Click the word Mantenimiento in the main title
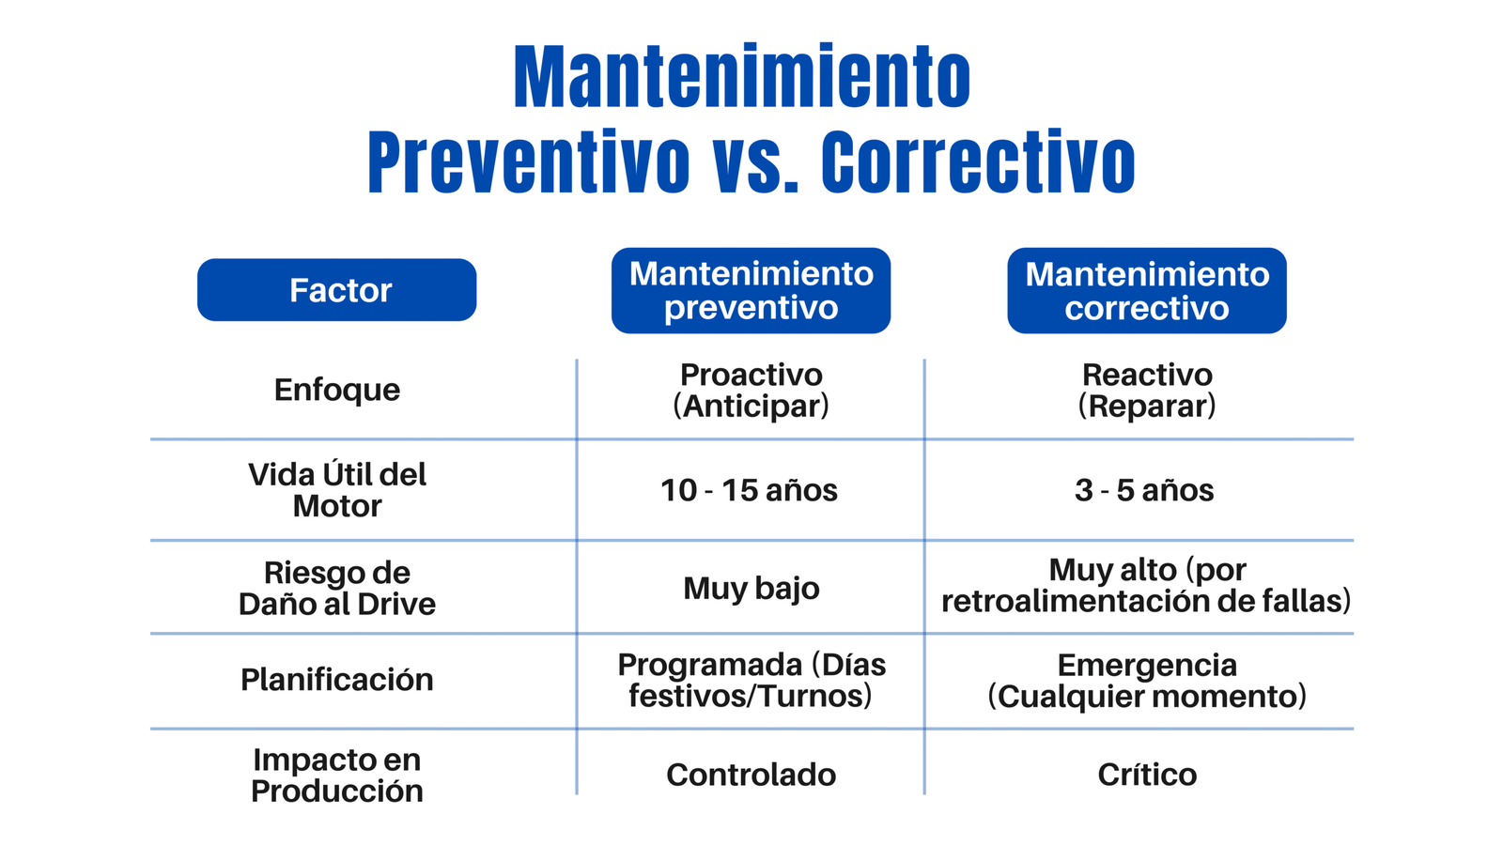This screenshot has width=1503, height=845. click(742, 76)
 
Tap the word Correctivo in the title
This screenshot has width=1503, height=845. click(978, 161)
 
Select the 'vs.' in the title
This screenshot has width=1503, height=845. click(755, 163)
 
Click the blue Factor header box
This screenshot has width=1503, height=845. click(337, 290)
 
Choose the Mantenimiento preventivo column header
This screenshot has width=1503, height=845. click(751, 290)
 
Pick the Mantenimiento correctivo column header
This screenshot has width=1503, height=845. click(1147, 290)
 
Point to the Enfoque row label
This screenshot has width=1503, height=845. click(337, 391)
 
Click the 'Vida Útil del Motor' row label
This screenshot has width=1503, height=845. click(337, 490)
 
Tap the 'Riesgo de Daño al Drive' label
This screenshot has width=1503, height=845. click(337, 588)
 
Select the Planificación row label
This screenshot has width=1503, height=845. click(337, 680)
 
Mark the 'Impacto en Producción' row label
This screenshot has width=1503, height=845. click(337, 776)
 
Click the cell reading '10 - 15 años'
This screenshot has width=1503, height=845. click(749, 490)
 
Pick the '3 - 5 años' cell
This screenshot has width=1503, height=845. click(1144, 490)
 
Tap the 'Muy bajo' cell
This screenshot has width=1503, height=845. click(751, 589)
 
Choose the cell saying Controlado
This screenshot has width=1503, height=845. click(751, 776)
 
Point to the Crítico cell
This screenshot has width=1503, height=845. click(1147, 775)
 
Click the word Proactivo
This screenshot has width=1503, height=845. click(751, 375)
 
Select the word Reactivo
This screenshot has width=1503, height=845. click(1147, 375)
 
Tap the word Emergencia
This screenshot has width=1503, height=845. click(1147, 666)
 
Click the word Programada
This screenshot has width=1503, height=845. click(709, 666)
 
